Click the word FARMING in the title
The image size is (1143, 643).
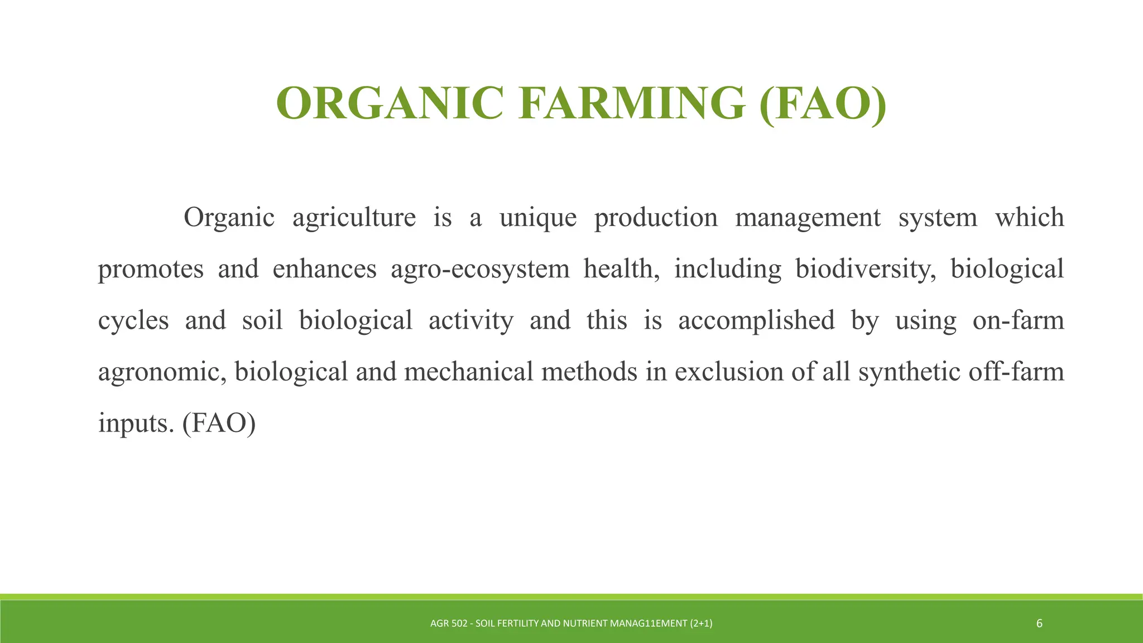point(631,103)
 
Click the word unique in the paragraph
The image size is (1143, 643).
point(538,218)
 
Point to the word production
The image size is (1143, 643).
point(656,218)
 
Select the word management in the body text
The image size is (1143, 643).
point(808,218)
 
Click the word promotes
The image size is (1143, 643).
point(151,270)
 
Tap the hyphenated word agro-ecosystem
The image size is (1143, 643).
point(480,270)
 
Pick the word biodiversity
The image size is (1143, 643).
point(865,270)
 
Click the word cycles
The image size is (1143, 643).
point(133,321)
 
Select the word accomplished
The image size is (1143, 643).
point(756,321)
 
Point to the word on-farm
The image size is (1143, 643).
point(1018,321)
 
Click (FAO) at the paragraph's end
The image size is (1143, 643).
point(219,424)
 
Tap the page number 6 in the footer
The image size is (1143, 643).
point(1039,623)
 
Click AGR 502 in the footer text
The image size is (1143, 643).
point(449,623)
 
